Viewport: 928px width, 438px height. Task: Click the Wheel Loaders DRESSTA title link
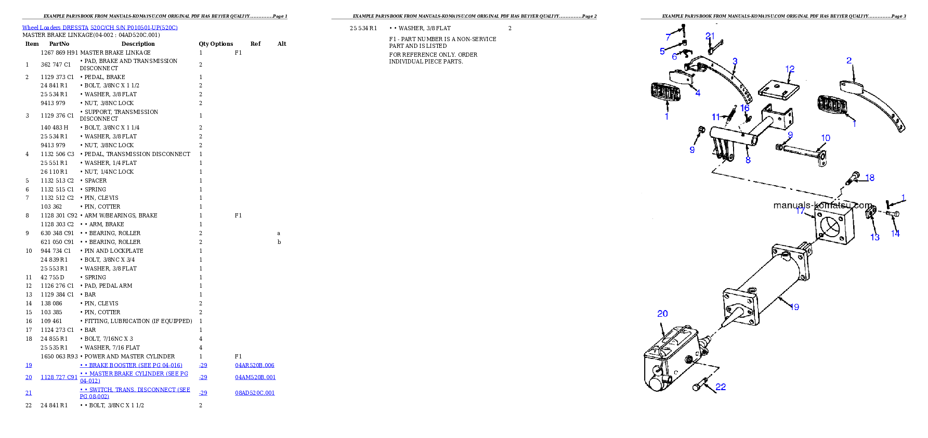[100, 28]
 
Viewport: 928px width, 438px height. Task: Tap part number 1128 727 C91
[59, 377]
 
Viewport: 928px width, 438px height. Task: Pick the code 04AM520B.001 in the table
[255, 377]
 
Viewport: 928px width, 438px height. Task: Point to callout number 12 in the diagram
[790, 69]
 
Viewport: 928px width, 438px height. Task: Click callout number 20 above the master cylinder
[662, 314]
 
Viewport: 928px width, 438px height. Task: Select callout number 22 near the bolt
[721, 387]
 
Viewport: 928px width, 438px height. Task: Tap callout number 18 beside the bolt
[870, 178]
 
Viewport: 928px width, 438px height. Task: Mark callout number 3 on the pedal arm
[735, 61]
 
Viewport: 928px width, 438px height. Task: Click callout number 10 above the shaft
[826, 138]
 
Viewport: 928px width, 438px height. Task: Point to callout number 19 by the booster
[794, 307]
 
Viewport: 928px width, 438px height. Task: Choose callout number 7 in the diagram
[668, 37]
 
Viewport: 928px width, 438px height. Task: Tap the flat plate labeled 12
[778, 89]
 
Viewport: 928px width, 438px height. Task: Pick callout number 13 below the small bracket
[875, 237]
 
